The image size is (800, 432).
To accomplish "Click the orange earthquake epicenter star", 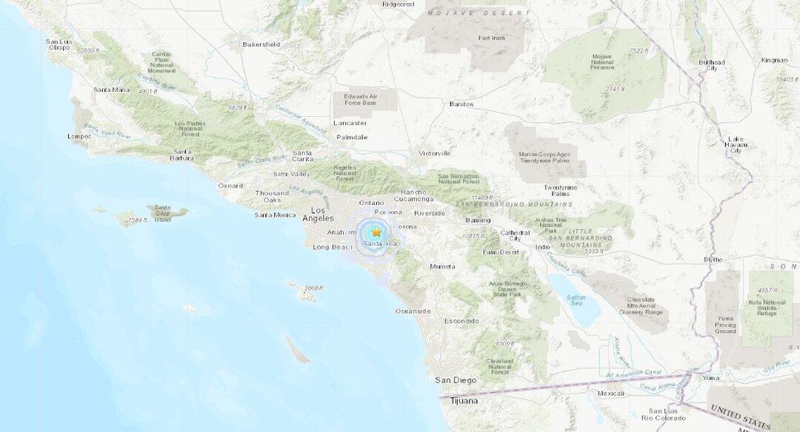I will pyautogui.click(x=376, y=232).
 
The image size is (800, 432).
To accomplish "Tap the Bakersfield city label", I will pyautogui.click(x=261, y=44).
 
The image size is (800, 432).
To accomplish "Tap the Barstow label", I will pyautogui.click(x=461, y=104).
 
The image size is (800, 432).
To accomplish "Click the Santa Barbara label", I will pyautogui.click(x=181, y=155).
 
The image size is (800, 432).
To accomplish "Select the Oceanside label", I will pyautogui.click(x=413, y=311).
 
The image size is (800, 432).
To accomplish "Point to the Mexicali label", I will pyautogui.click(x=611, y=394).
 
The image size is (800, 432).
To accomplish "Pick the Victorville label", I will pyautogui.click(x=435, y=153).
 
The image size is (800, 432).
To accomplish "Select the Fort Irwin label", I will pyautogui.click(x=491, y=38).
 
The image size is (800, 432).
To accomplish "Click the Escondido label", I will pyautogui.click(x=461, y=320).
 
